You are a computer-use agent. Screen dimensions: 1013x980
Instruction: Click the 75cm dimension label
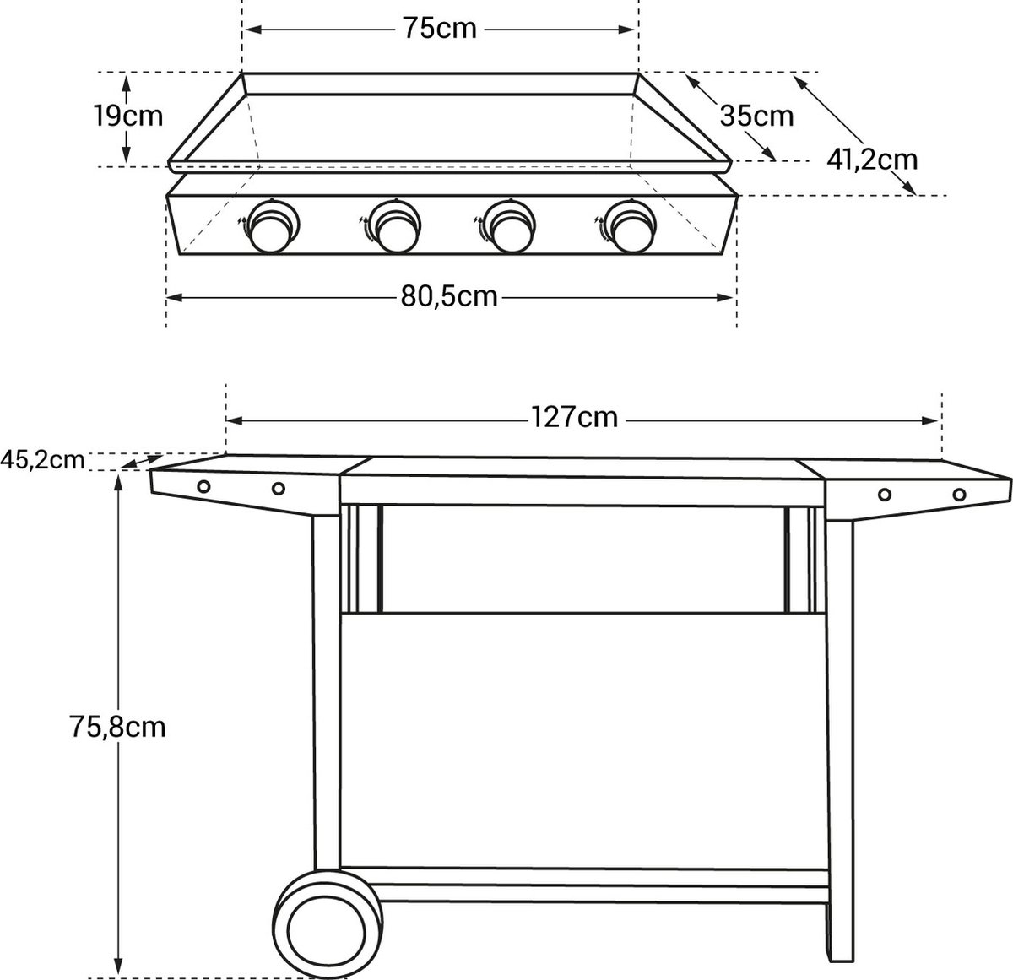click(439, 30)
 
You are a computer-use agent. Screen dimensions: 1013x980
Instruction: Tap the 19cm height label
click(128, 116)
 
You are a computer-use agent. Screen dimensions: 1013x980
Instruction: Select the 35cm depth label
click(756, 116)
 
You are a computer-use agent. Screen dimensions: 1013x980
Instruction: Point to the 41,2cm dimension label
click(872, 160)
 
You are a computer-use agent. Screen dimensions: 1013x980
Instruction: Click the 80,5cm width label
click(449, 297)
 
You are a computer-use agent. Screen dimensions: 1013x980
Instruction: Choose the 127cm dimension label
click(574, 417)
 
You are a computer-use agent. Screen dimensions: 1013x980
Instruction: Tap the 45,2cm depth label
click(42, 460)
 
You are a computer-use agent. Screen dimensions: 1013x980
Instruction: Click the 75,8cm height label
click(117, 727)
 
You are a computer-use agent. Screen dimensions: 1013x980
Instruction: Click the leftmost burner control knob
click(273, 226)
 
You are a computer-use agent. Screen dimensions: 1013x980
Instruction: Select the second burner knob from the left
click(395, 226)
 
